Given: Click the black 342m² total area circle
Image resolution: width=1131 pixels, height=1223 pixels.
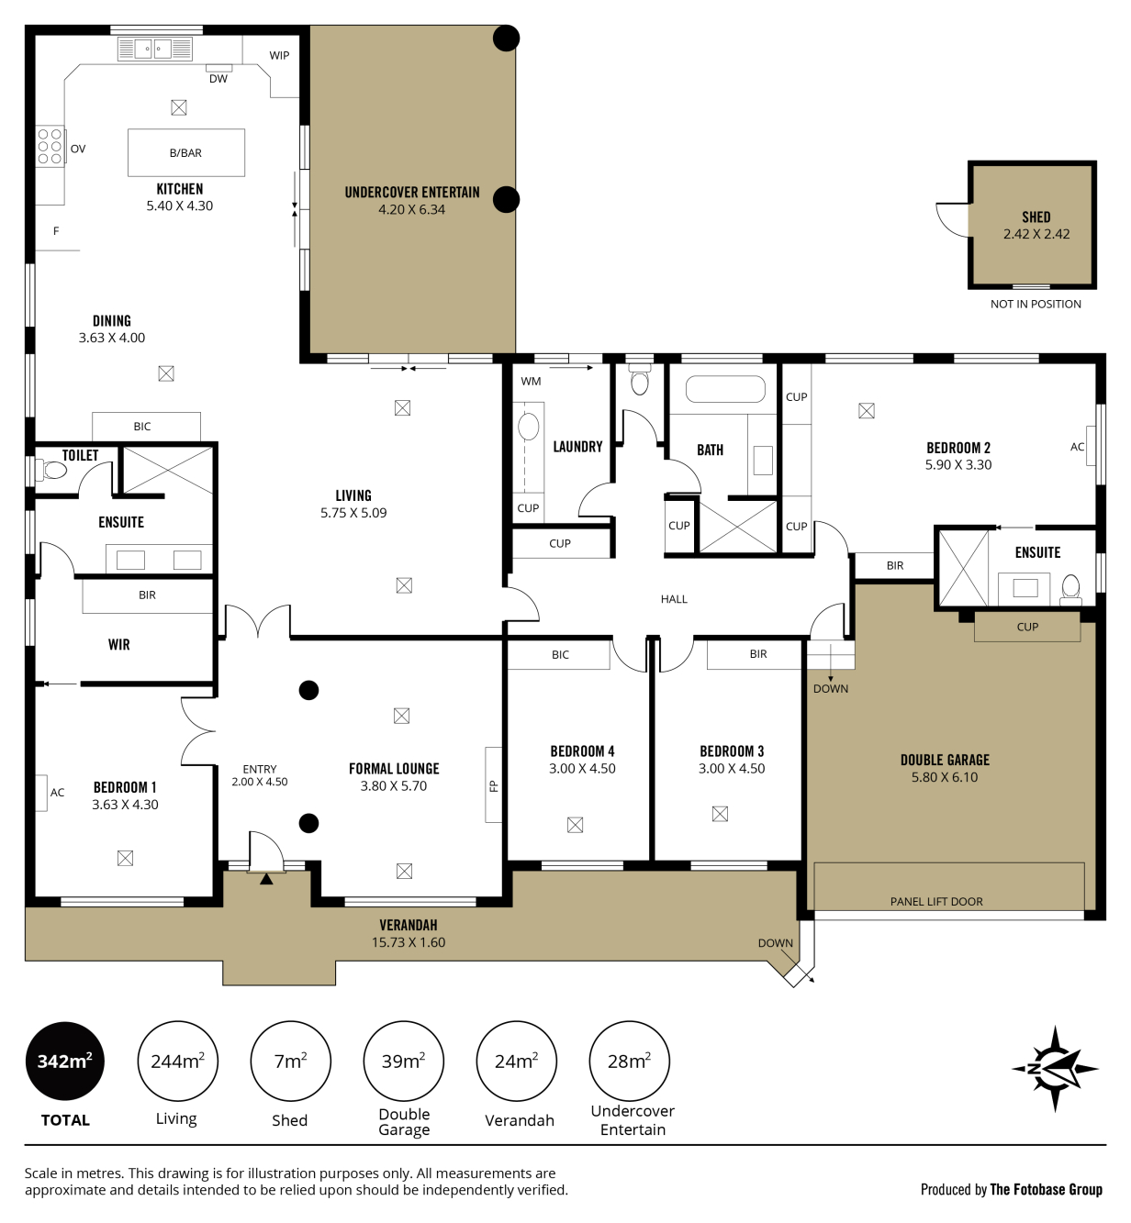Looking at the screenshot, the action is (64, 1061).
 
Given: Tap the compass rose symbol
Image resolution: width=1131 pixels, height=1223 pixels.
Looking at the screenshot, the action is (1055, 1069).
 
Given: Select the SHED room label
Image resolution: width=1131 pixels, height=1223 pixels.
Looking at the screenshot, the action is (1036, 217).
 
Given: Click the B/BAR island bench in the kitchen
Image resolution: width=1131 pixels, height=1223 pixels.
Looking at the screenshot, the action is (186, 152).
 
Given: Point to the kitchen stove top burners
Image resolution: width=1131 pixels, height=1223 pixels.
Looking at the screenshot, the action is (50, 147).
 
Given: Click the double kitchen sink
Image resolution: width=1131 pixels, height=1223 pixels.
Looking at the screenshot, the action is (153, 48).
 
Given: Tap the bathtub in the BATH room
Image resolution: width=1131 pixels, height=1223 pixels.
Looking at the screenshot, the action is (725, 389).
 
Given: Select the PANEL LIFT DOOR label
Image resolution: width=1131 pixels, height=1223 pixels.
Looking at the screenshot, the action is (936, 902).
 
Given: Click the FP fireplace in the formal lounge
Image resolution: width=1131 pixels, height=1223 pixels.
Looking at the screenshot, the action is (494, 785).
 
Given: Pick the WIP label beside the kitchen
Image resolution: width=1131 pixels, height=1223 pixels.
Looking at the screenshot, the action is (279, 55).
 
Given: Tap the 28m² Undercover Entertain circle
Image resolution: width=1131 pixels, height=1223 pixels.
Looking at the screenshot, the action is (629, 1061).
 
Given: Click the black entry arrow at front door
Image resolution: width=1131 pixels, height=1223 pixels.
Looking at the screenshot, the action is (266, 879).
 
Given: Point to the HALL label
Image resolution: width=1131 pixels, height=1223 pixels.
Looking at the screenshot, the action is (674, 599).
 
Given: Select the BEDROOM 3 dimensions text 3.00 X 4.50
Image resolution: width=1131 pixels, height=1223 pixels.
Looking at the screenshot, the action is (732, 769).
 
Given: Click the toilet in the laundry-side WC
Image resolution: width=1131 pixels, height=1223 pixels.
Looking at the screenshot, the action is (640, 379).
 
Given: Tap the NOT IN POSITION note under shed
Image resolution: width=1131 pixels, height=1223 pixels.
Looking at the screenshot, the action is (1036, 305).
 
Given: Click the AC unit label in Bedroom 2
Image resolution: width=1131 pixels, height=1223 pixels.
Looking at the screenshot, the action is (1077, 447).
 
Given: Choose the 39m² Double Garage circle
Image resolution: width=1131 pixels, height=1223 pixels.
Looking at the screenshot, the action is (404, 1061).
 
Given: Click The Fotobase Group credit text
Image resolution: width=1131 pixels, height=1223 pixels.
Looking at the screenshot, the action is (1046, 1189).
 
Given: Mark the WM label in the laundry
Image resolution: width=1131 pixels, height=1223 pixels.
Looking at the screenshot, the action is (531, 381).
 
